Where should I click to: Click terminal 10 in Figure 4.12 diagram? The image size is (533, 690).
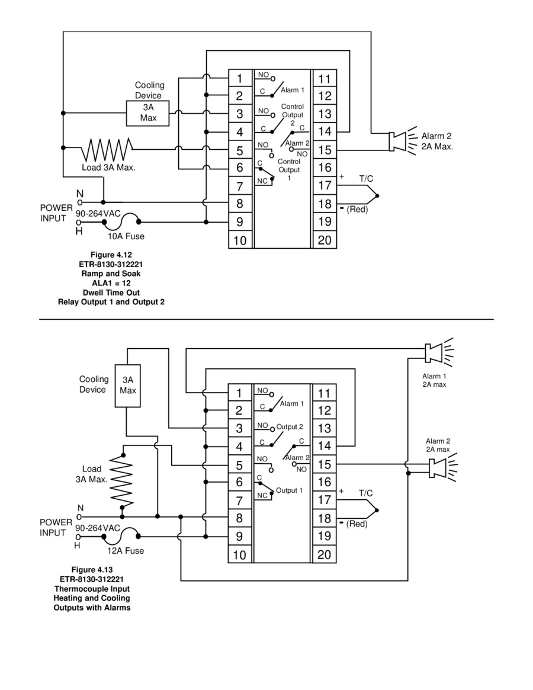[x=240, y=240]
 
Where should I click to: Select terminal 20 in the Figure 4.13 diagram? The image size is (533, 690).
[x=325, y=554]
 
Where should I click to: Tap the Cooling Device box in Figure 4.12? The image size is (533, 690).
[x=148, y=113]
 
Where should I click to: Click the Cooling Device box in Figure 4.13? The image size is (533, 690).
[x=128, y=386]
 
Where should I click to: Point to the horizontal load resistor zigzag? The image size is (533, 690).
[x=107, y=150]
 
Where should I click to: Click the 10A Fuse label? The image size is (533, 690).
[x=126, y=236]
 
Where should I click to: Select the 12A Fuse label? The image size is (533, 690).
[x=126, y=550]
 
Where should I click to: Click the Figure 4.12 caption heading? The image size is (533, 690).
[x=111, y=255]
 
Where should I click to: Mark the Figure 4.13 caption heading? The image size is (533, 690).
[x=92, y=569]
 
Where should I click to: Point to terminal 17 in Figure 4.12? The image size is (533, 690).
[x=325, y=185]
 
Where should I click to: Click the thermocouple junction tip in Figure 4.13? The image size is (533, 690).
[x=377, y=511]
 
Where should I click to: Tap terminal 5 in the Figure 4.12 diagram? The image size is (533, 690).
[x=240, y=150]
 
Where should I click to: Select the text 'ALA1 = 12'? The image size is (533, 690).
[x=111, y=283]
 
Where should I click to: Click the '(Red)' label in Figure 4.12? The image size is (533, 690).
[x=357, y=210]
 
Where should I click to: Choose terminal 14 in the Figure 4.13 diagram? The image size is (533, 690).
[x=325, y=446]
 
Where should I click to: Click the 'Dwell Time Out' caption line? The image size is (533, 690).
[x=111, y=293]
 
